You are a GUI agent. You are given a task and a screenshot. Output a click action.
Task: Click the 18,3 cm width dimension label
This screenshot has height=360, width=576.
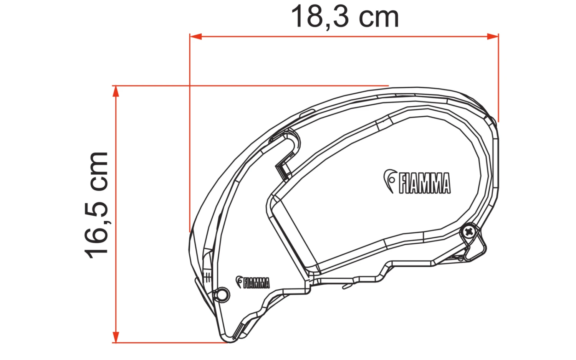344,17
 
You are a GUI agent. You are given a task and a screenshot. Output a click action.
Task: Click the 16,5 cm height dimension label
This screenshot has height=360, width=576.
96,205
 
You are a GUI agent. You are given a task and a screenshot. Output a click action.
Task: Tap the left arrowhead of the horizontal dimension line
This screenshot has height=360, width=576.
195,36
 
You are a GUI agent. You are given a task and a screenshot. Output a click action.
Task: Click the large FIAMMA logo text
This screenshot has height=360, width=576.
424,183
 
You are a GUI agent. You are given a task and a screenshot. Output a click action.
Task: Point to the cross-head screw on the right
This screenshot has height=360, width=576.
468,231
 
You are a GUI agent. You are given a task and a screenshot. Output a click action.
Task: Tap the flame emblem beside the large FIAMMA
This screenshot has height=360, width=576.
390,180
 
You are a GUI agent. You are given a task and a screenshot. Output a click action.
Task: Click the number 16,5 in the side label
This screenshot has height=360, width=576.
96,230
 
